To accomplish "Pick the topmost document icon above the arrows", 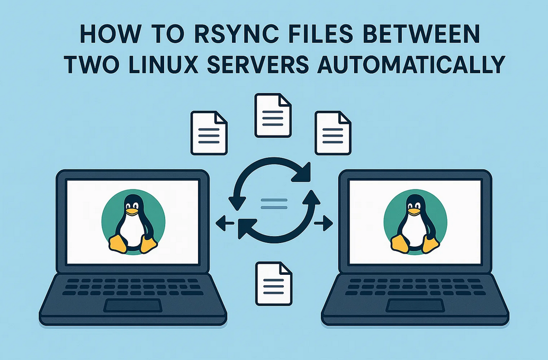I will (273, 115).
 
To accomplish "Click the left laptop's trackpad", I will (132, 305).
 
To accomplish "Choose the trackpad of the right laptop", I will (415, 305).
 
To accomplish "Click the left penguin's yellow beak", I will (133, 210).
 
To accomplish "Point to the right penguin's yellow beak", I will (416, 210).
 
